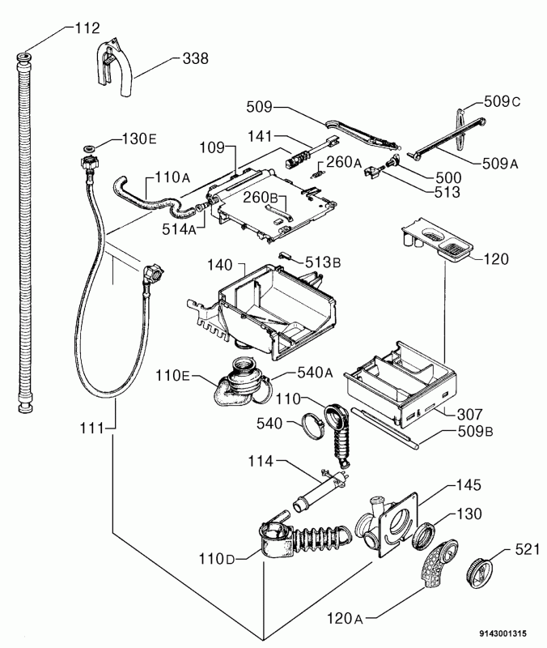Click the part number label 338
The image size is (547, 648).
195,58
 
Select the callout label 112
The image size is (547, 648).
87,28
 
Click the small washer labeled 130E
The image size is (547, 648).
89,148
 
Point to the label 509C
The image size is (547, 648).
502,101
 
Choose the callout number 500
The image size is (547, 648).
448,177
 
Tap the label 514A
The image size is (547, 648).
179,229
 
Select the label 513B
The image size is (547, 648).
323,262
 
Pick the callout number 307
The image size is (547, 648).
470,414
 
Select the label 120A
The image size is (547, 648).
345,618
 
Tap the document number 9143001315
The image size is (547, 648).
502,633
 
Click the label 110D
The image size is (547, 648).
217,559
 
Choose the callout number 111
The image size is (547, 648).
91,428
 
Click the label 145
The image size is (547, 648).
469,484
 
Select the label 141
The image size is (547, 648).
260,136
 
